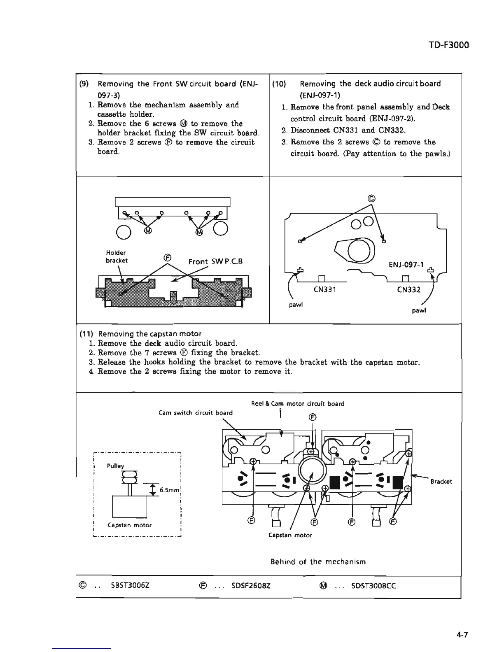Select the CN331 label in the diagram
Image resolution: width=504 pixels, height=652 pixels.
click(325, 289)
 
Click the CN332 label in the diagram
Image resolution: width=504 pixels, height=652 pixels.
click(408, 289)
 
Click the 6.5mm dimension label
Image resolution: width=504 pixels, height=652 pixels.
click(169, 490)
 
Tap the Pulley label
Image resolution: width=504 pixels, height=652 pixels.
click(115, 466)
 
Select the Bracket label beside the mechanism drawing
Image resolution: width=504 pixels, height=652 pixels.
click(441, 481)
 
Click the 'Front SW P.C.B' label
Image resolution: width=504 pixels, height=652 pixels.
click(215, 261)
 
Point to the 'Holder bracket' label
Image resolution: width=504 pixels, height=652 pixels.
click(117, 256)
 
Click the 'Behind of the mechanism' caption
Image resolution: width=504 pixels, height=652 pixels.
click(318, 561)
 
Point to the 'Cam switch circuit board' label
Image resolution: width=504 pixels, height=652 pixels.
click(196, 412)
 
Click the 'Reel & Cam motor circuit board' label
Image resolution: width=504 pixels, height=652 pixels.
click(298, 404)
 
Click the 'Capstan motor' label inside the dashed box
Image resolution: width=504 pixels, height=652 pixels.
click(130, 525)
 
